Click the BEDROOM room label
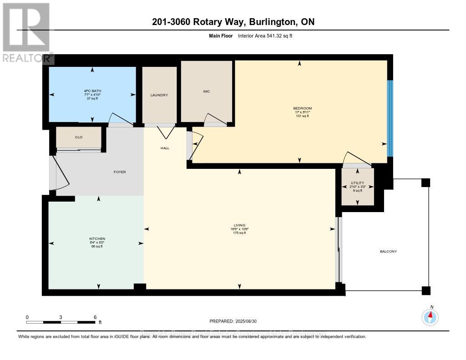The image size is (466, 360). [302, 108]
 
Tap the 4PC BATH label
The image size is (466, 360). [92, 91]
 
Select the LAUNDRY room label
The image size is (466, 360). [159, 95]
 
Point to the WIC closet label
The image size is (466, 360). [206, 91]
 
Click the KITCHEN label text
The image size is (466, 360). [97, 239]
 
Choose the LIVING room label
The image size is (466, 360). [239, 225]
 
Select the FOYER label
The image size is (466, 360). [120, 172]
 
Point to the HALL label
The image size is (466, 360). [165, 148]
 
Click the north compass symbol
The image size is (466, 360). [430, 316]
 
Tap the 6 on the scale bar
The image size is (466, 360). [95, 317]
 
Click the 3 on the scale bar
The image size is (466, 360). [61, 317]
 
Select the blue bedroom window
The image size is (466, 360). [390, 118]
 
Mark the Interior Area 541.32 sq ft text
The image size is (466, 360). [265, 35]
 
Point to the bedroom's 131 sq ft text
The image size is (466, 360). [302, 116]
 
